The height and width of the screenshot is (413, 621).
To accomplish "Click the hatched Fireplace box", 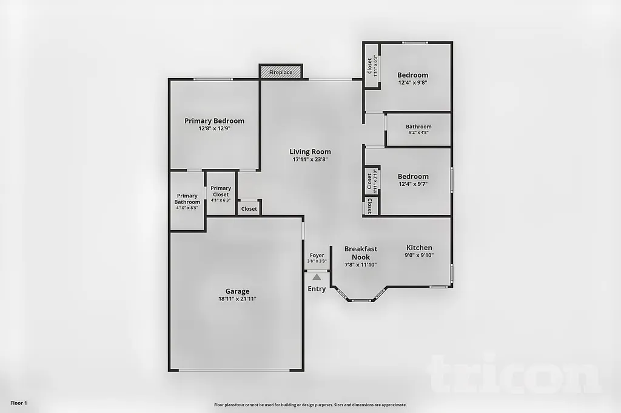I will (x=281, y=72).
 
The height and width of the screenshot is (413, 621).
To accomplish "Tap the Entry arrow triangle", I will (x=317, y=277).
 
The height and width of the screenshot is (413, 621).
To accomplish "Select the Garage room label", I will (x=237, y=291).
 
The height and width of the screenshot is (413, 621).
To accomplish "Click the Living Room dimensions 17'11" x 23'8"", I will (x=310, y=160).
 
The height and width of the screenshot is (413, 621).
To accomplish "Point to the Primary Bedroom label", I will (x=214, y=121).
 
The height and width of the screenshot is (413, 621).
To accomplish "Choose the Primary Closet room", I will (x=221, y=191).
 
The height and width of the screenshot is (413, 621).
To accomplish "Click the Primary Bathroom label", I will (x=187, y=199).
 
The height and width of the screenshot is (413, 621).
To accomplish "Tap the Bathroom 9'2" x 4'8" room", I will (x=418, y=129).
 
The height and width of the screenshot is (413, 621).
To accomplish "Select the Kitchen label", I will (x=419, y=248).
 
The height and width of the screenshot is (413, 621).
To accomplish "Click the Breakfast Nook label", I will (x=361, y=253).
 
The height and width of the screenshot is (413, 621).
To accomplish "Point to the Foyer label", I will (x=317, y=256).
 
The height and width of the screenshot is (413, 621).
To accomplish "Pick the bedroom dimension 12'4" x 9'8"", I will (x=413, y=83).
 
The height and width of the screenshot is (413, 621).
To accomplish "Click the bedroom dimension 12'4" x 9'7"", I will (x=413, y=184).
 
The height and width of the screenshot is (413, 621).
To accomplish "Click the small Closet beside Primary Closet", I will (x=249, y=208).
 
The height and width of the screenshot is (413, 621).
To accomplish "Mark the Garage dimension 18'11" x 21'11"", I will (x=237, y=299).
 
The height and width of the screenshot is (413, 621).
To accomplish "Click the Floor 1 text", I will (x=19, y=403).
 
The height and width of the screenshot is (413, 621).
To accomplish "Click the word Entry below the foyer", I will (x=317, y=289).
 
